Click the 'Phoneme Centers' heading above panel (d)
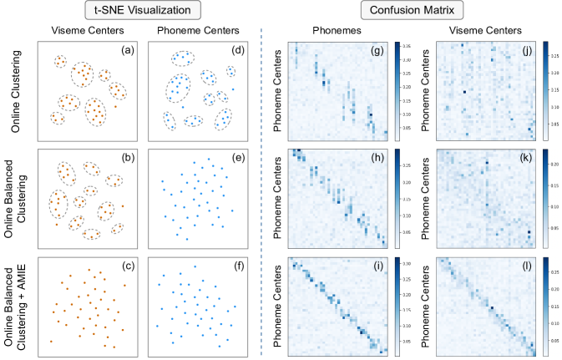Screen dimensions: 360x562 point(196,31)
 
